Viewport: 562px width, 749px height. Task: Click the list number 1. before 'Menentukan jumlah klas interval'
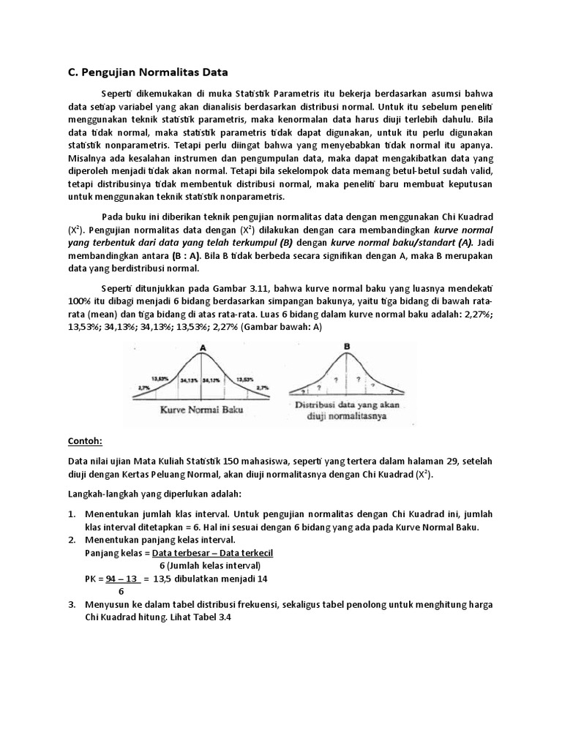tap(72, 514)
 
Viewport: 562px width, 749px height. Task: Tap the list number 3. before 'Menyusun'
tap(72, 605)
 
